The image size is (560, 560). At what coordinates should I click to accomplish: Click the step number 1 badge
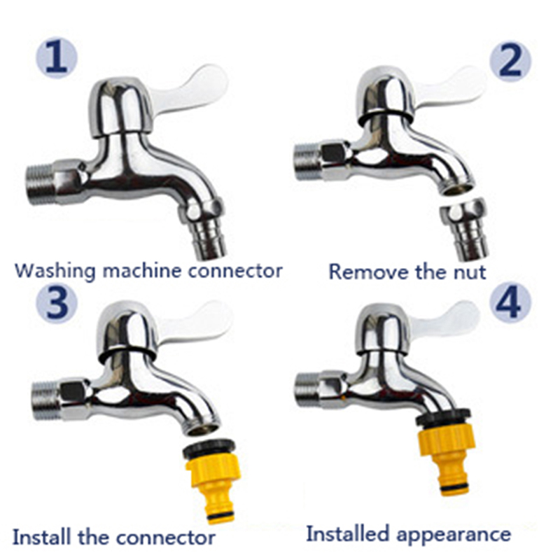click(x=57, y=57)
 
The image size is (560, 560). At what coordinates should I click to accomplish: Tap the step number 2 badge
click(x=510, y=61)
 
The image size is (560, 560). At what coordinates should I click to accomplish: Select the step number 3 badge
click(x=57, y=303)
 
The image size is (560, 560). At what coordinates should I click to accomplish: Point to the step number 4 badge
click(x=510, y=303)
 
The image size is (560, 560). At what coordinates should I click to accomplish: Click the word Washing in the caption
click(x=55, y=271)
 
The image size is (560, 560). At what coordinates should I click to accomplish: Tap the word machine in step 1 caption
click(x=142, y=270)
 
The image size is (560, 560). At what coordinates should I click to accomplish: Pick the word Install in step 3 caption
click(x=41, y=537)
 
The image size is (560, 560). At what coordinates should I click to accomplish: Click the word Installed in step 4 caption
click(x=347, y=534)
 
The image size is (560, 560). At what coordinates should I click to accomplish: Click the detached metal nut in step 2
click(x=464, y=229)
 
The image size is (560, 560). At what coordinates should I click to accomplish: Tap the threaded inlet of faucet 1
click(x=41, y=184)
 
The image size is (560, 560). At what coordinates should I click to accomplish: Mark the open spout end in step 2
click(x=457, y=187)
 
